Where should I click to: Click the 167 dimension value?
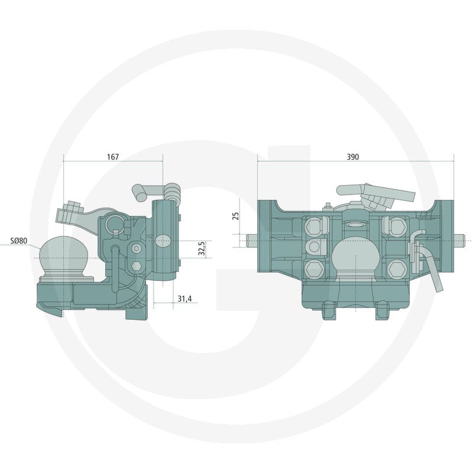point(113,157)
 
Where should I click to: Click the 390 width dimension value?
point(352,157)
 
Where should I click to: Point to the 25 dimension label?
point(236,216)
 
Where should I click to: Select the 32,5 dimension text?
point(202,248)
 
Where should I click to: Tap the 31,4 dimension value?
point(184,299)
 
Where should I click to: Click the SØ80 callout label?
point(19,241)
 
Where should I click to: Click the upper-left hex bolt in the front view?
point(313,226)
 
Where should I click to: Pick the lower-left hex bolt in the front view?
point(314,269)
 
